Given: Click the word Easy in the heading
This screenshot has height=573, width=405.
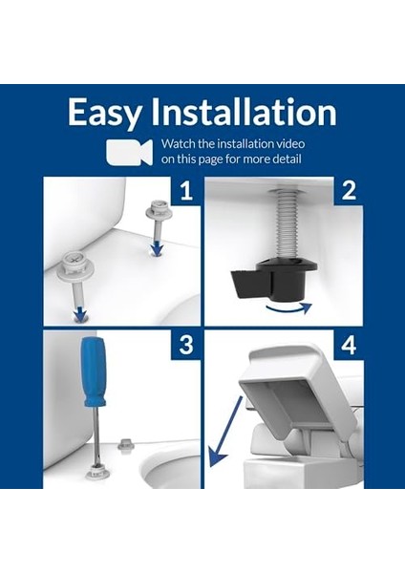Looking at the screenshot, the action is (x=104, y=114).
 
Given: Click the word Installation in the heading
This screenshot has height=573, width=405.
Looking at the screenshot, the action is (x=244, y=111).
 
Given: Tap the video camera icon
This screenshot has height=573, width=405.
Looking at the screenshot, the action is (x=129, y=152).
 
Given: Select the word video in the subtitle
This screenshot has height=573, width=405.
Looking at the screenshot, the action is (x=290, y=143).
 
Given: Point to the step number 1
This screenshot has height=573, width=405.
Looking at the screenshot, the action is (x=186, y=191).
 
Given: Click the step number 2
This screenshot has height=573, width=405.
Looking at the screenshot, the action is (x=349, y=190).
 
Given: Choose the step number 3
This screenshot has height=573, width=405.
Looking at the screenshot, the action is (x=186, y=345).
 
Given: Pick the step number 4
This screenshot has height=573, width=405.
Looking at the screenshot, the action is (x=349, y=345).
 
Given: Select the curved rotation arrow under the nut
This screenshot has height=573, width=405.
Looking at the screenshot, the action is (x=288, y=309).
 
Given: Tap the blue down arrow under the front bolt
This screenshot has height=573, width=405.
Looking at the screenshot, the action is (x=79, y=314).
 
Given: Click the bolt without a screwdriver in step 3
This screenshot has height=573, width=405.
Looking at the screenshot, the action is (x=126, y=445).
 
